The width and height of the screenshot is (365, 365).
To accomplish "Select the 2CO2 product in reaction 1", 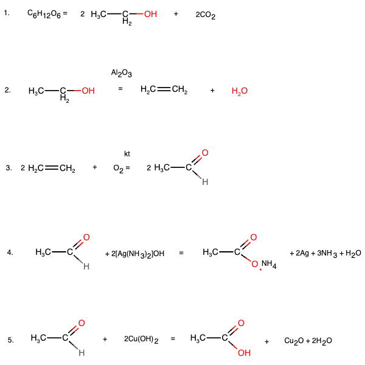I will coord(206,15).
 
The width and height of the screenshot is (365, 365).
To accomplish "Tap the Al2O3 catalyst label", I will coord(121,74).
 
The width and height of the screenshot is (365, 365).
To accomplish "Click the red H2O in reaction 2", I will coord(240,91).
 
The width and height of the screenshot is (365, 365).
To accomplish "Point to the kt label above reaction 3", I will coord(127,154).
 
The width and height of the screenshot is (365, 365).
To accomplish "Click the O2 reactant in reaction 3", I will coord(119,168).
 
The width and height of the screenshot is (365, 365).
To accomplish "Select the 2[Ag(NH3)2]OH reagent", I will coord(134,253).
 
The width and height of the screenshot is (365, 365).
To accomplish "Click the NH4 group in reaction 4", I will coord(269,264).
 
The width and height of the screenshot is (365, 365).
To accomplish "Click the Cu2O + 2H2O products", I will coord(308,340).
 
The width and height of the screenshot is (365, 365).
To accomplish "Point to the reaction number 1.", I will coord(7,12).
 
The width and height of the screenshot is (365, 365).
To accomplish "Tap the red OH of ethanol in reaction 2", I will coord(88,91).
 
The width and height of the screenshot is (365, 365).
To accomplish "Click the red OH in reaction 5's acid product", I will coord(244,352).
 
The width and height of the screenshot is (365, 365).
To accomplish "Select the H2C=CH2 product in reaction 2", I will coord(163,91).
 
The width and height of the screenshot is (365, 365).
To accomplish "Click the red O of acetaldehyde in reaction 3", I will coord(205,152).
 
